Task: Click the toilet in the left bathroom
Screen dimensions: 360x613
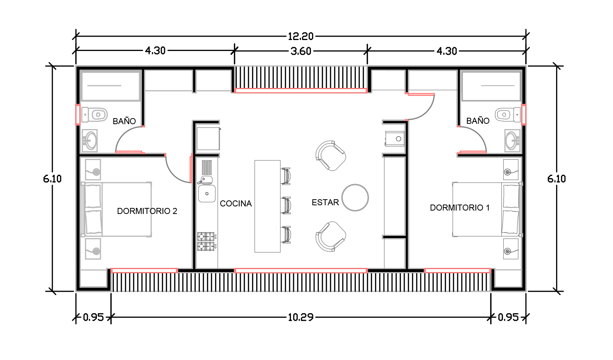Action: click(95, 115)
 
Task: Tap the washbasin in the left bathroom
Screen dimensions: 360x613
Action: click(90, 141)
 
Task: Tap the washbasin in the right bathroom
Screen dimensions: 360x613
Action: click(512, 141)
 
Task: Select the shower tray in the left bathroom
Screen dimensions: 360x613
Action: click(111, 86)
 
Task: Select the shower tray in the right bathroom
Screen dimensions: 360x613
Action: click(491, 86)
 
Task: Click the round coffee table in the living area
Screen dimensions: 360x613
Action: click(355, 197)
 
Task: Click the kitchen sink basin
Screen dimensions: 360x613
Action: click(207, 194)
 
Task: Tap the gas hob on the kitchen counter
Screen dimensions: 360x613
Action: click(206, 242)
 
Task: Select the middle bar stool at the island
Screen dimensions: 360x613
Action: click(287, 205)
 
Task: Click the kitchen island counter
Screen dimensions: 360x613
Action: click(267, 206)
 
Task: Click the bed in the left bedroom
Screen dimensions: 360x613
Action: click(117, 209)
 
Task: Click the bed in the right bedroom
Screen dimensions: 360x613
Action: click(486, 209)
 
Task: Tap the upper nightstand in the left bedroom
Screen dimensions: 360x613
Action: click(93, 169)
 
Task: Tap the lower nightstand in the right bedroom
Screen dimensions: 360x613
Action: click(511, 249)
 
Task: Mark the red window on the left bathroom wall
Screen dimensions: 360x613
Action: click(78, 114)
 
